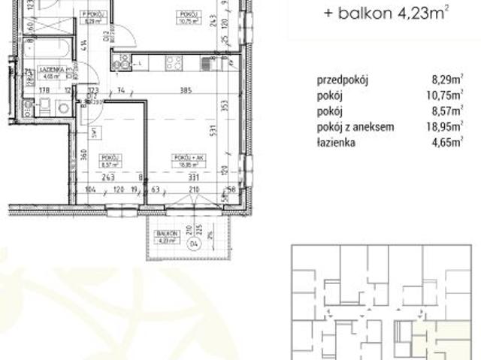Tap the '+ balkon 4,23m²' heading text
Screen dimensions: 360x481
point(376,13)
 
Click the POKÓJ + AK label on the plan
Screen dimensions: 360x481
point(183,157)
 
